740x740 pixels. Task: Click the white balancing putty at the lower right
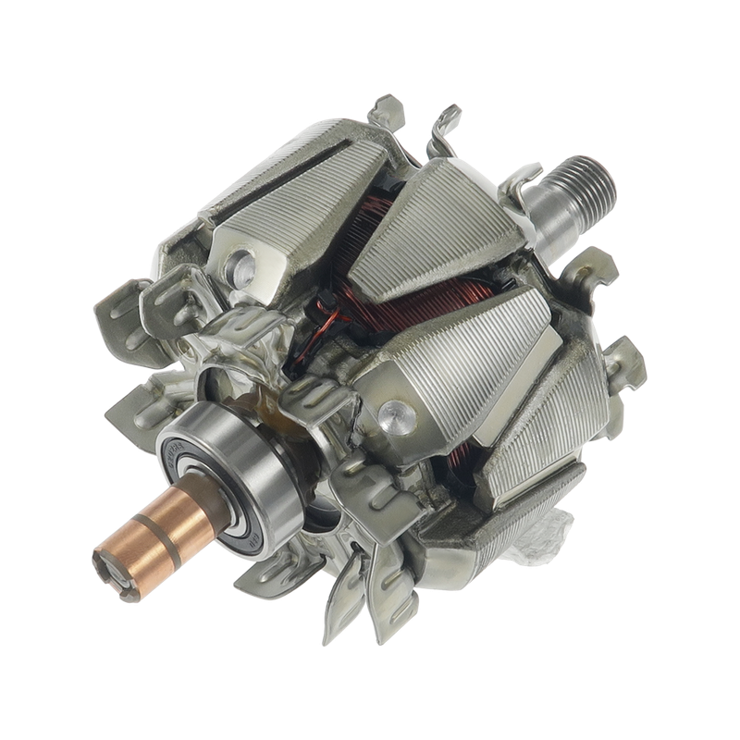pyautogui.click(x=546, y=546)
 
